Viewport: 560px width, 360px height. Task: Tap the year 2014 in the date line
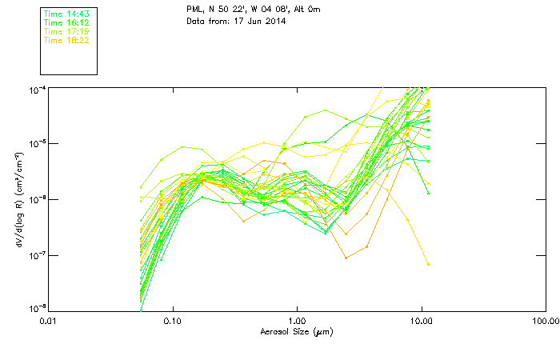pos(274,21)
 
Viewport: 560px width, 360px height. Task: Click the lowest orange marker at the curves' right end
pos(428,264)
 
